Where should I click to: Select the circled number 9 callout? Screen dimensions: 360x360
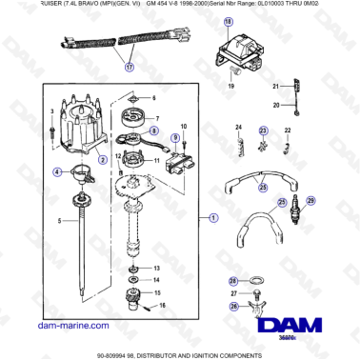pos(174,138)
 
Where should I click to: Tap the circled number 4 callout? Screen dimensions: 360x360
pos(57,171)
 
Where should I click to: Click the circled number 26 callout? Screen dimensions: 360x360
pos(233,306)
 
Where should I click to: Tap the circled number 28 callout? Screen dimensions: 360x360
pos(233,281)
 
